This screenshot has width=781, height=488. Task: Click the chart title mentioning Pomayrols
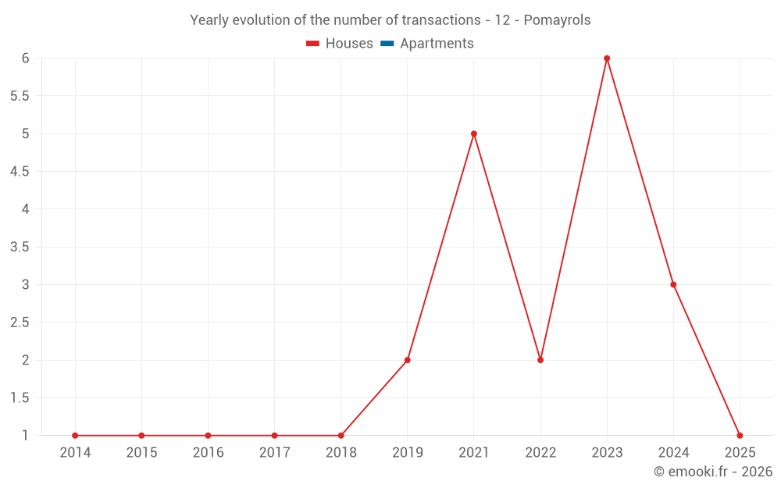tap(390, 20)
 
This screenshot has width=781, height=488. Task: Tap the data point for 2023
tap(607, 59)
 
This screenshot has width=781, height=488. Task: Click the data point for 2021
tap(474, 134)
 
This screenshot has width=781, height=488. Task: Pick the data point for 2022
tap(540, 360)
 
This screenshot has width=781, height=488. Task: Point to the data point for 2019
tap(408, 360)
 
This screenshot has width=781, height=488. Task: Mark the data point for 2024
tap(673, 285)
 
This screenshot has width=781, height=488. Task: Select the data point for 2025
tap(740, 436)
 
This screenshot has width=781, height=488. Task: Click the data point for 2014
tap(75, 436)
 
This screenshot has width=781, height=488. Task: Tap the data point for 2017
tap(274, 436)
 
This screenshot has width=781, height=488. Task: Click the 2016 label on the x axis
tap(208, 453)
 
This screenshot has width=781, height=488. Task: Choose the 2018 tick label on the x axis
tap(341, 453)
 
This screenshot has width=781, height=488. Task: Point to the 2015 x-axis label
tap(141, 453)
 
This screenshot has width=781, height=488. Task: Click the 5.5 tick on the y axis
tap(20, 96)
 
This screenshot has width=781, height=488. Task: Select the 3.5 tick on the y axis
tap(20, 248)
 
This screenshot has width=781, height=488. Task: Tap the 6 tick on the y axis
tap(25, 59)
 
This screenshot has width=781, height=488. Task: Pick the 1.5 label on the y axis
tap(20, 398)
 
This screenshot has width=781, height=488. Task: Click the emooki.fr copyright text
tap(712, 472)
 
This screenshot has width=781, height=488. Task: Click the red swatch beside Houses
tap(313, 44)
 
